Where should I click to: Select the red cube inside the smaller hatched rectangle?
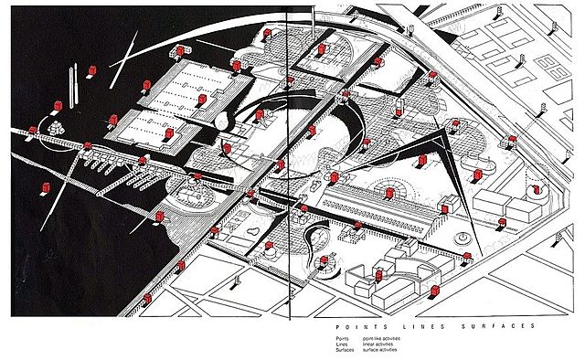tap(168, 135)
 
